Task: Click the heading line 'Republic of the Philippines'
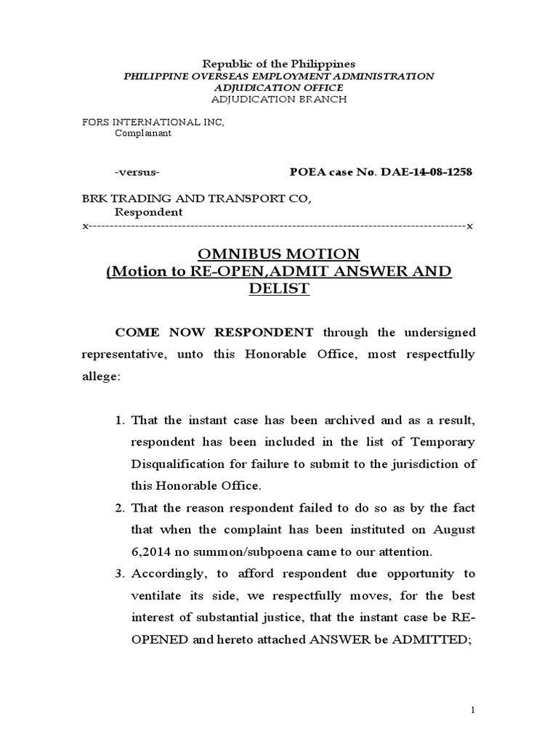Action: click(278, 64)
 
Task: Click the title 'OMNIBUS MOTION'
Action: click(279, 254)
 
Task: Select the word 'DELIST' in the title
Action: click(279, 288)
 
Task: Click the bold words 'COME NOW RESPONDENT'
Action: click(214, 333)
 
